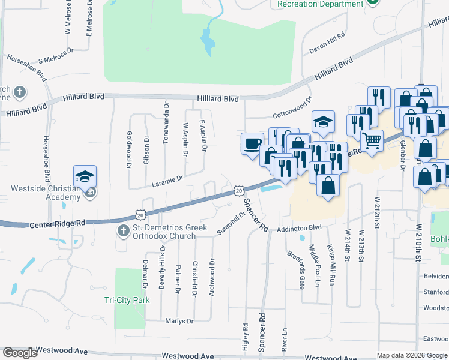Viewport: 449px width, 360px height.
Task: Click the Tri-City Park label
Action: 127,300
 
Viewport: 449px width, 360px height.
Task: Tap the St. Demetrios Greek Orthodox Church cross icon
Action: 122,230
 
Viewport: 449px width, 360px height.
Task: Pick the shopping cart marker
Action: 372,141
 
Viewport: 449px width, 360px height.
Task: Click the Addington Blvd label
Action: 298,228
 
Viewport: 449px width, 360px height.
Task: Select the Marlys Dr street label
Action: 179,321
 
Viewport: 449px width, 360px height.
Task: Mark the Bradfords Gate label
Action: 294,270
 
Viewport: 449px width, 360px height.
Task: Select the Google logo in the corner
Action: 20,353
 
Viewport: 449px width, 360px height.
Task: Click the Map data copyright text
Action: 412,355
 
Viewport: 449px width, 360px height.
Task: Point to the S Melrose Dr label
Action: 55,57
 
